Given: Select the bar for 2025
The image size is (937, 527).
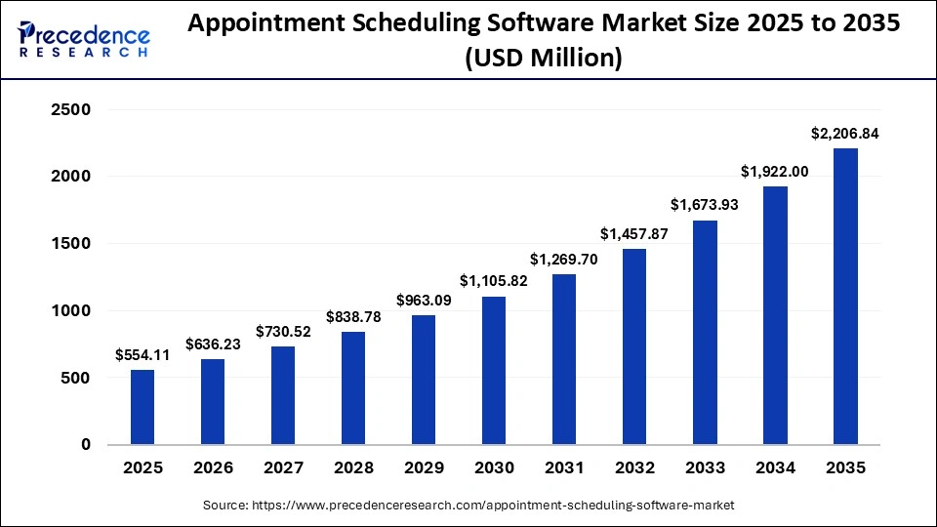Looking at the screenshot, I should [x=143, y=407].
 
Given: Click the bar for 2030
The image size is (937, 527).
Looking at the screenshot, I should [x=494, y=370].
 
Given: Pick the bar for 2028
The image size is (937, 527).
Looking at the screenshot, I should [x=353, y=387].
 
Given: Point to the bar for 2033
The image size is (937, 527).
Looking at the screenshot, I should [x=705, y=332].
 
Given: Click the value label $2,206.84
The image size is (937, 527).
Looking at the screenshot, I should [x=845, y=134].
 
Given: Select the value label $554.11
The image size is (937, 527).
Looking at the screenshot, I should [x=143, y=355].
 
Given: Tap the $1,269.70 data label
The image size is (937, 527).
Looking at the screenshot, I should [x=564, y=260].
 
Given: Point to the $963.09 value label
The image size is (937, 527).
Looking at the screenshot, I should [x=424, y=301].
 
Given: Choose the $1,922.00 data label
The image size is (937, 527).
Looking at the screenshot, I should [x=775, y=172].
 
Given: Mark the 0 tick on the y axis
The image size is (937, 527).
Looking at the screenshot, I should [x=85, y=445].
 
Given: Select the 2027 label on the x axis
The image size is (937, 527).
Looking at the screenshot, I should [x=283, y=468].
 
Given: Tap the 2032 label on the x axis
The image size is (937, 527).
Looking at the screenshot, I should [x=634, y=468].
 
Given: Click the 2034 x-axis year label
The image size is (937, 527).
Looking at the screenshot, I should [x=775, y=468].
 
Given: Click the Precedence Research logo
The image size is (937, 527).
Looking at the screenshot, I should [x=84, y=38].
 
